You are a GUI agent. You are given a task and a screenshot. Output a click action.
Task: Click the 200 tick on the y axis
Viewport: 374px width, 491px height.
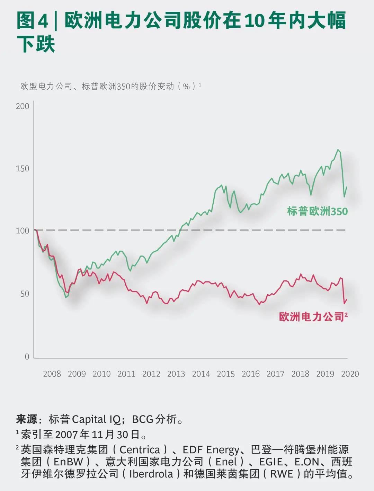coord(23,106)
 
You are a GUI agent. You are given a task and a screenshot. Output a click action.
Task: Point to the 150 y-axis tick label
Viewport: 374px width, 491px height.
coord(23,169)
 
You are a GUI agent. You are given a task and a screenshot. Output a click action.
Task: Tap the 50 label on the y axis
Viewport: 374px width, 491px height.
coord(25,294)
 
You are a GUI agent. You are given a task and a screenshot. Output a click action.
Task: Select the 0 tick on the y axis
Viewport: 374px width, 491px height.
coord(27,357)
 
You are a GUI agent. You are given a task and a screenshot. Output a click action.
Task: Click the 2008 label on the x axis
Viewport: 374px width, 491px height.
coord(52,374)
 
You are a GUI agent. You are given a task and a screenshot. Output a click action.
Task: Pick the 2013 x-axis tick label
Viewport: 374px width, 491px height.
coord(176,374)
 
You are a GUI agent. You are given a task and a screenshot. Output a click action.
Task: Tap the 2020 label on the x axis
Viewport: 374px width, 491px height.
coord(350,374)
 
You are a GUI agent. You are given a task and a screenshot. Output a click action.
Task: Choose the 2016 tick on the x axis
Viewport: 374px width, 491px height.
coord(250,374)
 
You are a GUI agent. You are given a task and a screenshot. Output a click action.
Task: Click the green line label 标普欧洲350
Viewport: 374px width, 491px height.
coord(317,211)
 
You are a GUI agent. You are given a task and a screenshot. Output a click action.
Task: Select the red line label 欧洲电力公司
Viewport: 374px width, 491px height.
coord(312,317)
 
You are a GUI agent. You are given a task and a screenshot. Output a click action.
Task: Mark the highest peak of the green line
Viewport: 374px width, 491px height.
coord(338,150)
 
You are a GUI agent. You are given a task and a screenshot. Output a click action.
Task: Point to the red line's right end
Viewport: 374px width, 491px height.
coord(347,300)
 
